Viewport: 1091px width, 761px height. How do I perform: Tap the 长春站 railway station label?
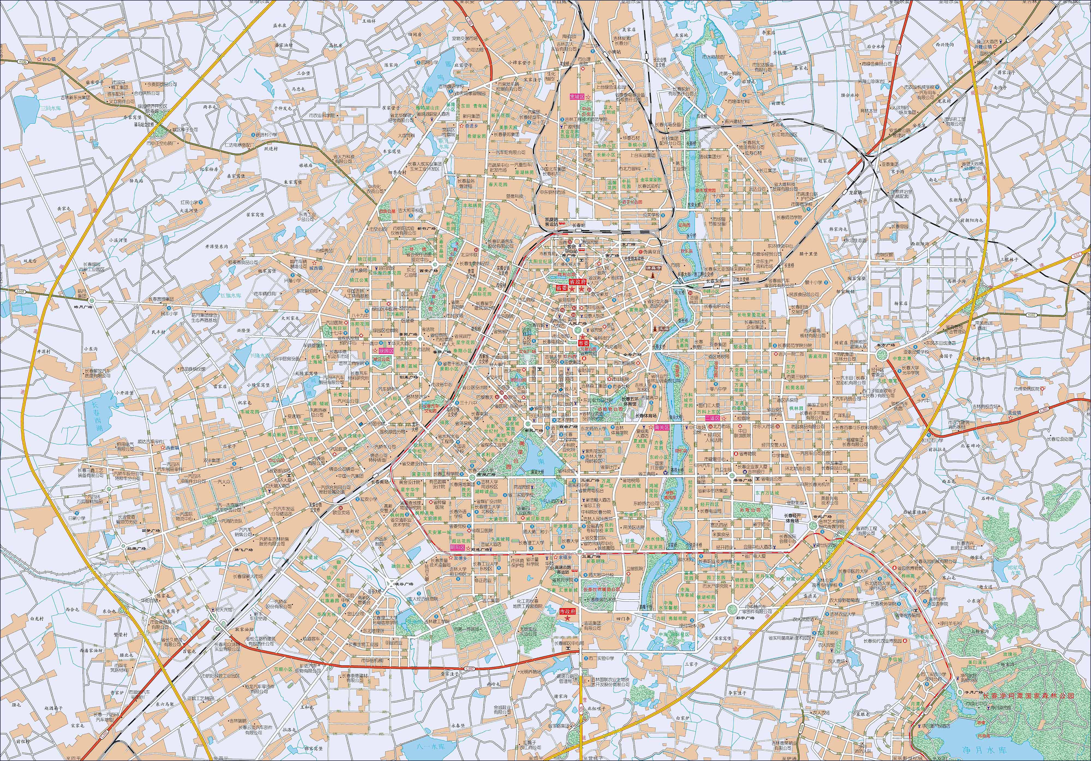pyautogui.click(x=577, y=225)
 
